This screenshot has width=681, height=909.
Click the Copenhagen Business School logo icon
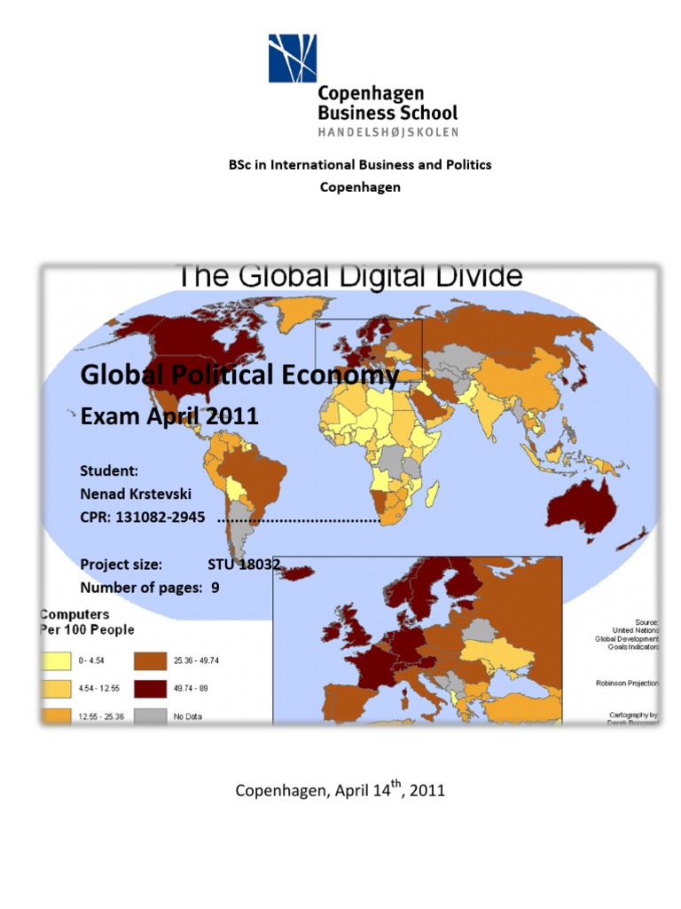pyautogui.click(x=293, y=58)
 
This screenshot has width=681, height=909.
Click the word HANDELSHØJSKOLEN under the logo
pyautogui.click(x=388, y=132)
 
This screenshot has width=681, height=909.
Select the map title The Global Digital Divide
pyautogui.click(x=351, y=277)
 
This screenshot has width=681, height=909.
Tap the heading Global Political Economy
pyautogui.click(x=239, y=376)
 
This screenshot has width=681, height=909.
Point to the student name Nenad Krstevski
pyautogui.click(x=135, y=494)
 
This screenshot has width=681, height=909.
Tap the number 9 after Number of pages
pyautogui.click(x=215, y=587)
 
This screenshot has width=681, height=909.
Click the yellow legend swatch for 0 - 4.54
pyautogui.click(x=56, y=660)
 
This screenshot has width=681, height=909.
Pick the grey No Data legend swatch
pyautogui.click(x=149, y=715)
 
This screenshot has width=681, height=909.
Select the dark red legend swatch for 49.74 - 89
pyautogui.click(x=149, y=688)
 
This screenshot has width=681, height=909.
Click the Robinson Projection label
pyautogui.click(x=625, y=684)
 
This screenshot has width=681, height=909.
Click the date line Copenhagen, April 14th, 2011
pyautogui.click(x=340, y=789)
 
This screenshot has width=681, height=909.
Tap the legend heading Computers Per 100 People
pyautogui.click(x=87, y=621)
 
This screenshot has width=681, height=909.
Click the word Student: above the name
pyautogui.click(x=108, y=470)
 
